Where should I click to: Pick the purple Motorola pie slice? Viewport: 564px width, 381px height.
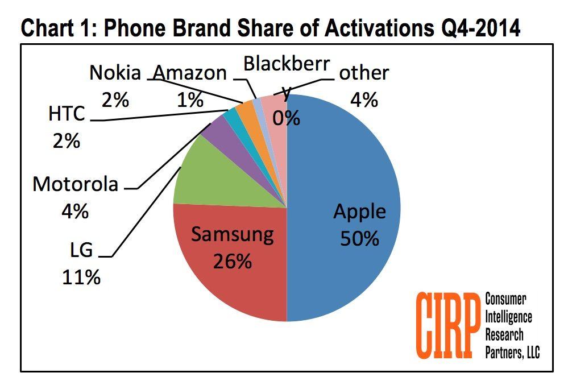tap(215, 132)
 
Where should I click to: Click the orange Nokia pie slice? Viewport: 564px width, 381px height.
tap(245, 110)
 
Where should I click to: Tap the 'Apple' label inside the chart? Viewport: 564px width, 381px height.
tap(359, 212)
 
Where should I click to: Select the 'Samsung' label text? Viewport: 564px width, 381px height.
tap(231, 234)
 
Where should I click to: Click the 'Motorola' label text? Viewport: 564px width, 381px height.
tap(76, 185)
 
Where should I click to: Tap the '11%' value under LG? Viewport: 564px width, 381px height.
tap(82, 277)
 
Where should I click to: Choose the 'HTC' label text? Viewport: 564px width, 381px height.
tap(67, 114)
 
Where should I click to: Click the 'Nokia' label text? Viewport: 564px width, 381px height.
tap(115, 73)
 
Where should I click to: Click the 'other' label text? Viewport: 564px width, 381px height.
tap(364, 73)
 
